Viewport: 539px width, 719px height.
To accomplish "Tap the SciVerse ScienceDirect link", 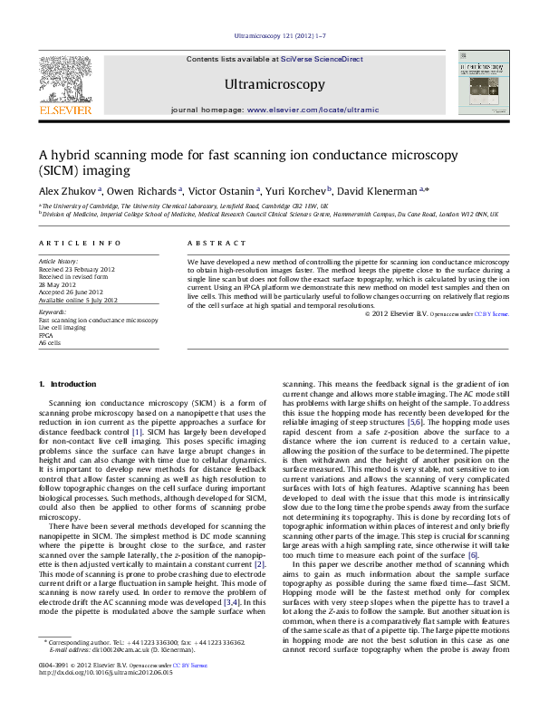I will coord(322,59).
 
